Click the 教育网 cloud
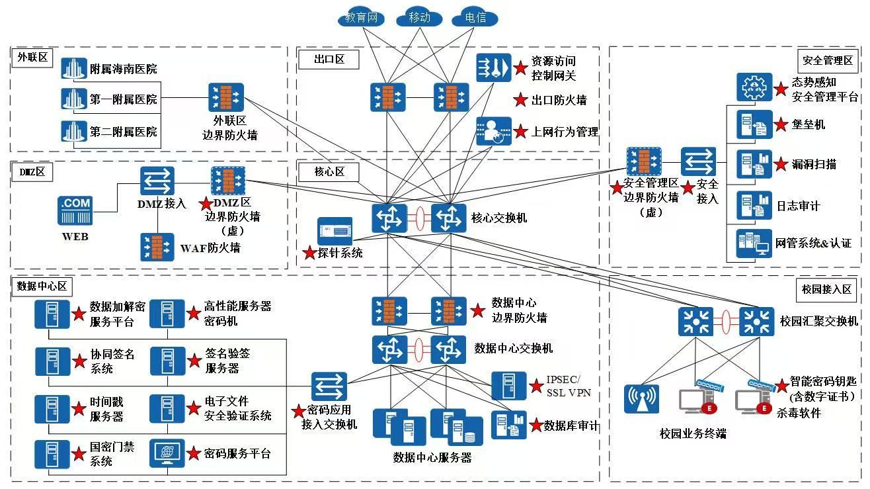[361, 17]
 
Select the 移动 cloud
[419, 17]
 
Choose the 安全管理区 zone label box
[827, 60]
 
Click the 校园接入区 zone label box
[826, 290]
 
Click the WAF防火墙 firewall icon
[157, 247]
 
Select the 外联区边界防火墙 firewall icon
[226, 98]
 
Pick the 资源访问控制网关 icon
[494, 67]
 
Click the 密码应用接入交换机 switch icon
[329, 387]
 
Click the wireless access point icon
[641, 399]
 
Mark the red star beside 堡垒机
[781, 124]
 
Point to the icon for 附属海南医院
[74, 69]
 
